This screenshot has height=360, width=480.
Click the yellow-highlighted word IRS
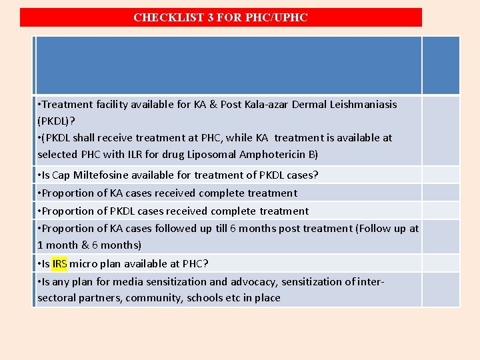click(x=59, y=263)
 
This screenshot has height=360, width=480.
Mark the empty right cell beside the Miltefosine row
click(x=441, y=175)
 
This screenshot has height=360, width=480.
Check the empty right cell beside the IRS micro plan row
click(x=441, y=263)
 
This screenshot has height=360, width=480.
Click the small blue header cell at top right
click(x=441, y=65)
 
